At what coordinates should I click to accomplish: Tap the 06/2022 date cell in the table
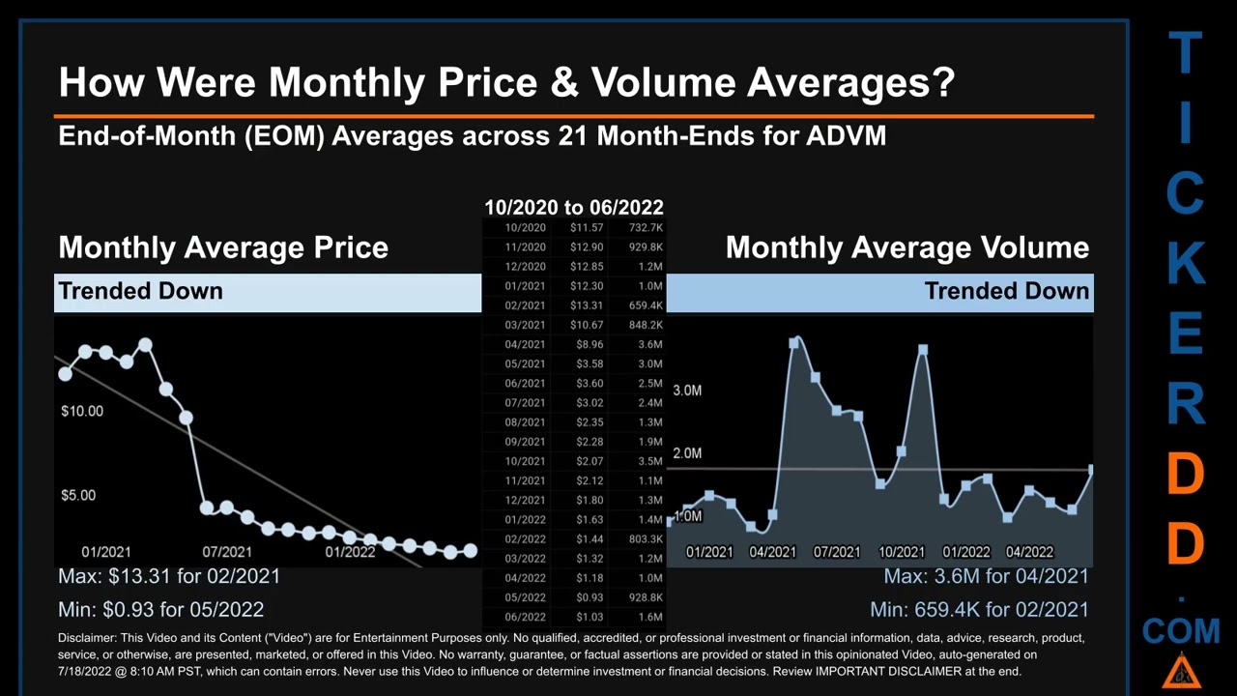pyautogui.click(x=525, y=617)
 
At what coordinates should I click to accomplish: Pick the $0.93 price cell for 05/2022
pyautogui.click(x=589, y=597)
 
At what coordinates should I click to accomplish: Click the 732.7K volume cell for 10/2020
pyautogui.click(x=645, y=228)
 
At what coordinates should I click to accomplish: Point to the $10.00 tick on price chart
pyautogui.click(x=82, y=411)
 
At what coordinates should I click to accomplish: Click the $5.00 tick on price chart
pyautogui.click(x=78, y=495)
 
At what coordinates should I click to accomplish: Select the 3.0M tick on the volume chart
pyautogui.click(x=687, y=391)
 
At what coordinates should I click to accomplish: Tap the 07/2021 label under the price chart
pyautogui.click(x=227, y=552)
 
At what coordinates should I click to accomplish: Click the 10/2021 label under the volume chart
pyautogui.click(x=901, y=552)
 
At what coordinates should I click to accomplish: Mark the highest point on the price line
pyautogui.click(x=145, y=344)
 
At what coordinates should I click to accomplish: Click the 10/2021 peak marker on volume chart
pyautogui.click(x=923, y=350)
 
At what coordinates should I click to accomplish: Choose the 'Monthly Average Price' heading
pyautogui.click(x=223, y=247)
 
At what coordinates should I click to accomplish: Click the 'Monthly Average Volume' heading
pyautogui.click(x=906, y=247)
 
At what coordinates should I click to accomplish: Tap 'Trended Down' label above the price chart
pyautogui.click(x=140, y=291)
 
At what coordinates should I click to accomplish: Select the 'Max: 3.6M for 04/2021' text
pyautogui.click(x=986, y=576)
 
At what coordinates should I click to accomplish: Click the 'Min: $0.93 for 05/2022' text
pyautogui.click(x=160, y=609)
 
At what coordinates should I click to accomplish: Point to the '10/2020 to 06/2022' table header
pyautogui.click(x=573, y=207)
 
